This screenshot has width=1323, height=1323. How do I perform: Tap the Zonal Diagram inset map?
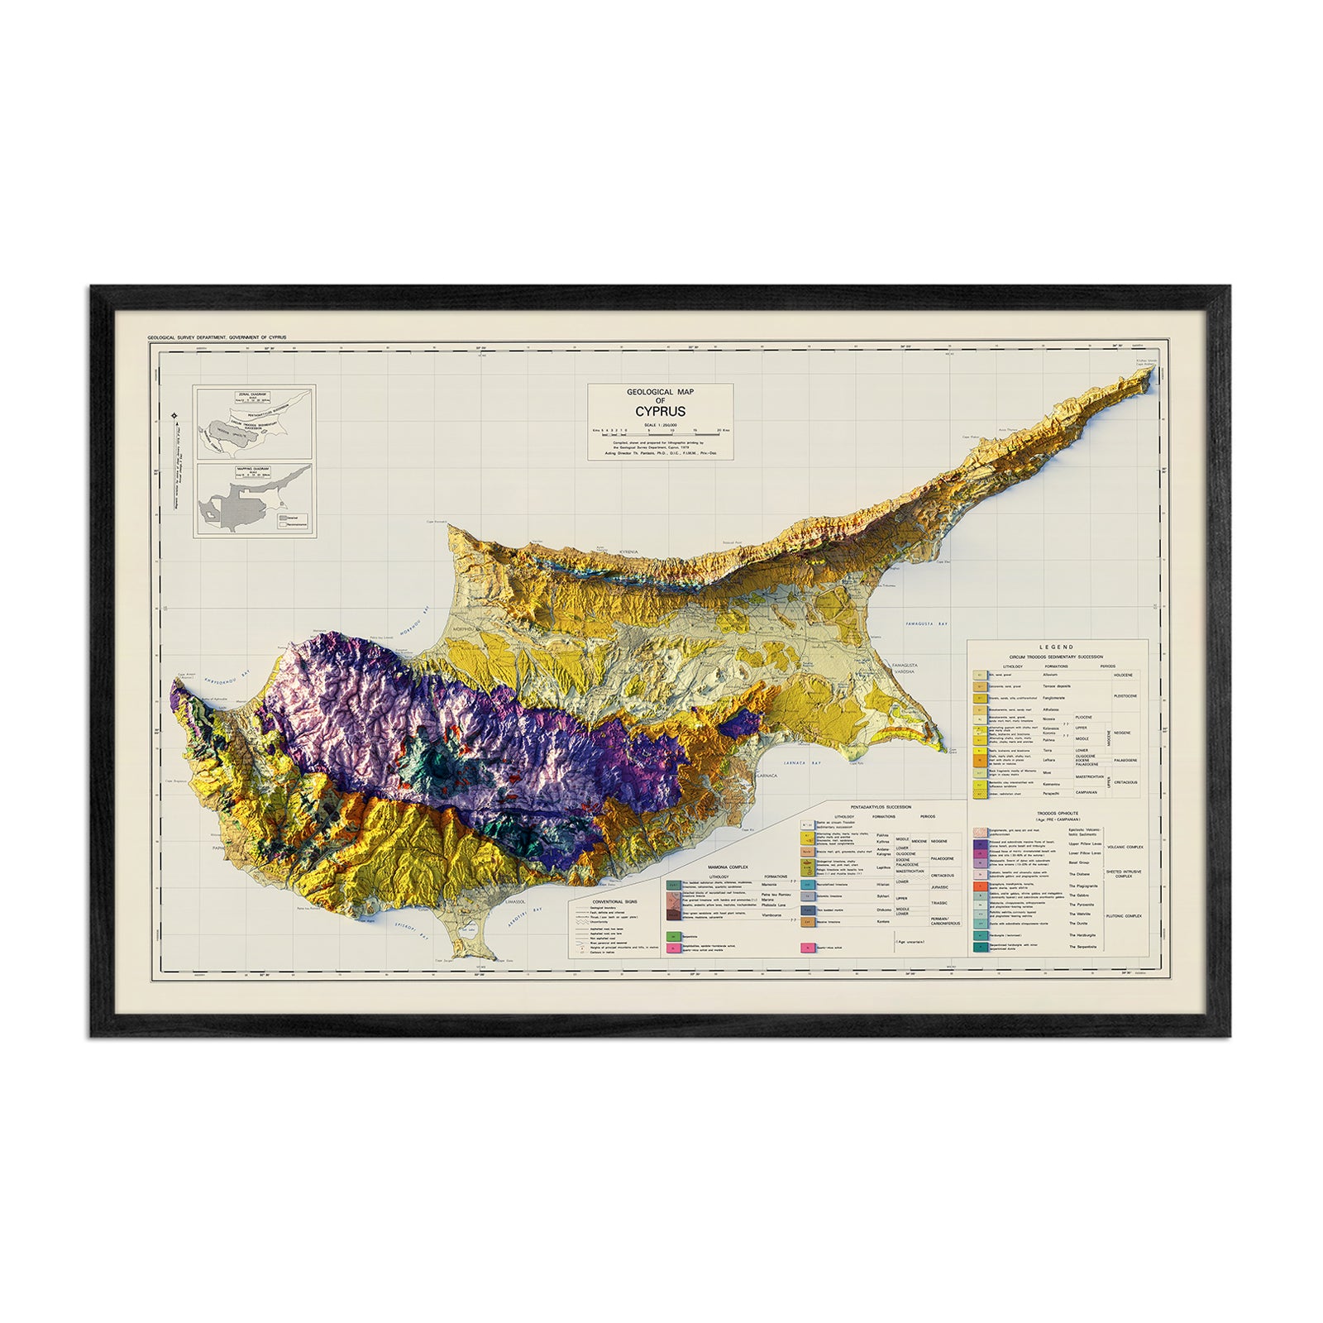[x=254, y=422]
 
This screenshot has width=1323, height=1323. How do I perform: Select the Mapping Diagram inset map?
[x=254, y=500]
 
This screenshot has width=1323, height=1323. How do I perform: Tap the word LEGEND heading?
[x=1058, y=647]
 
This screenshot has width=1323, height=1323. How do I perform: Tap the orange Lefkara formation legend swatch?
[x=981, y=759]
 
